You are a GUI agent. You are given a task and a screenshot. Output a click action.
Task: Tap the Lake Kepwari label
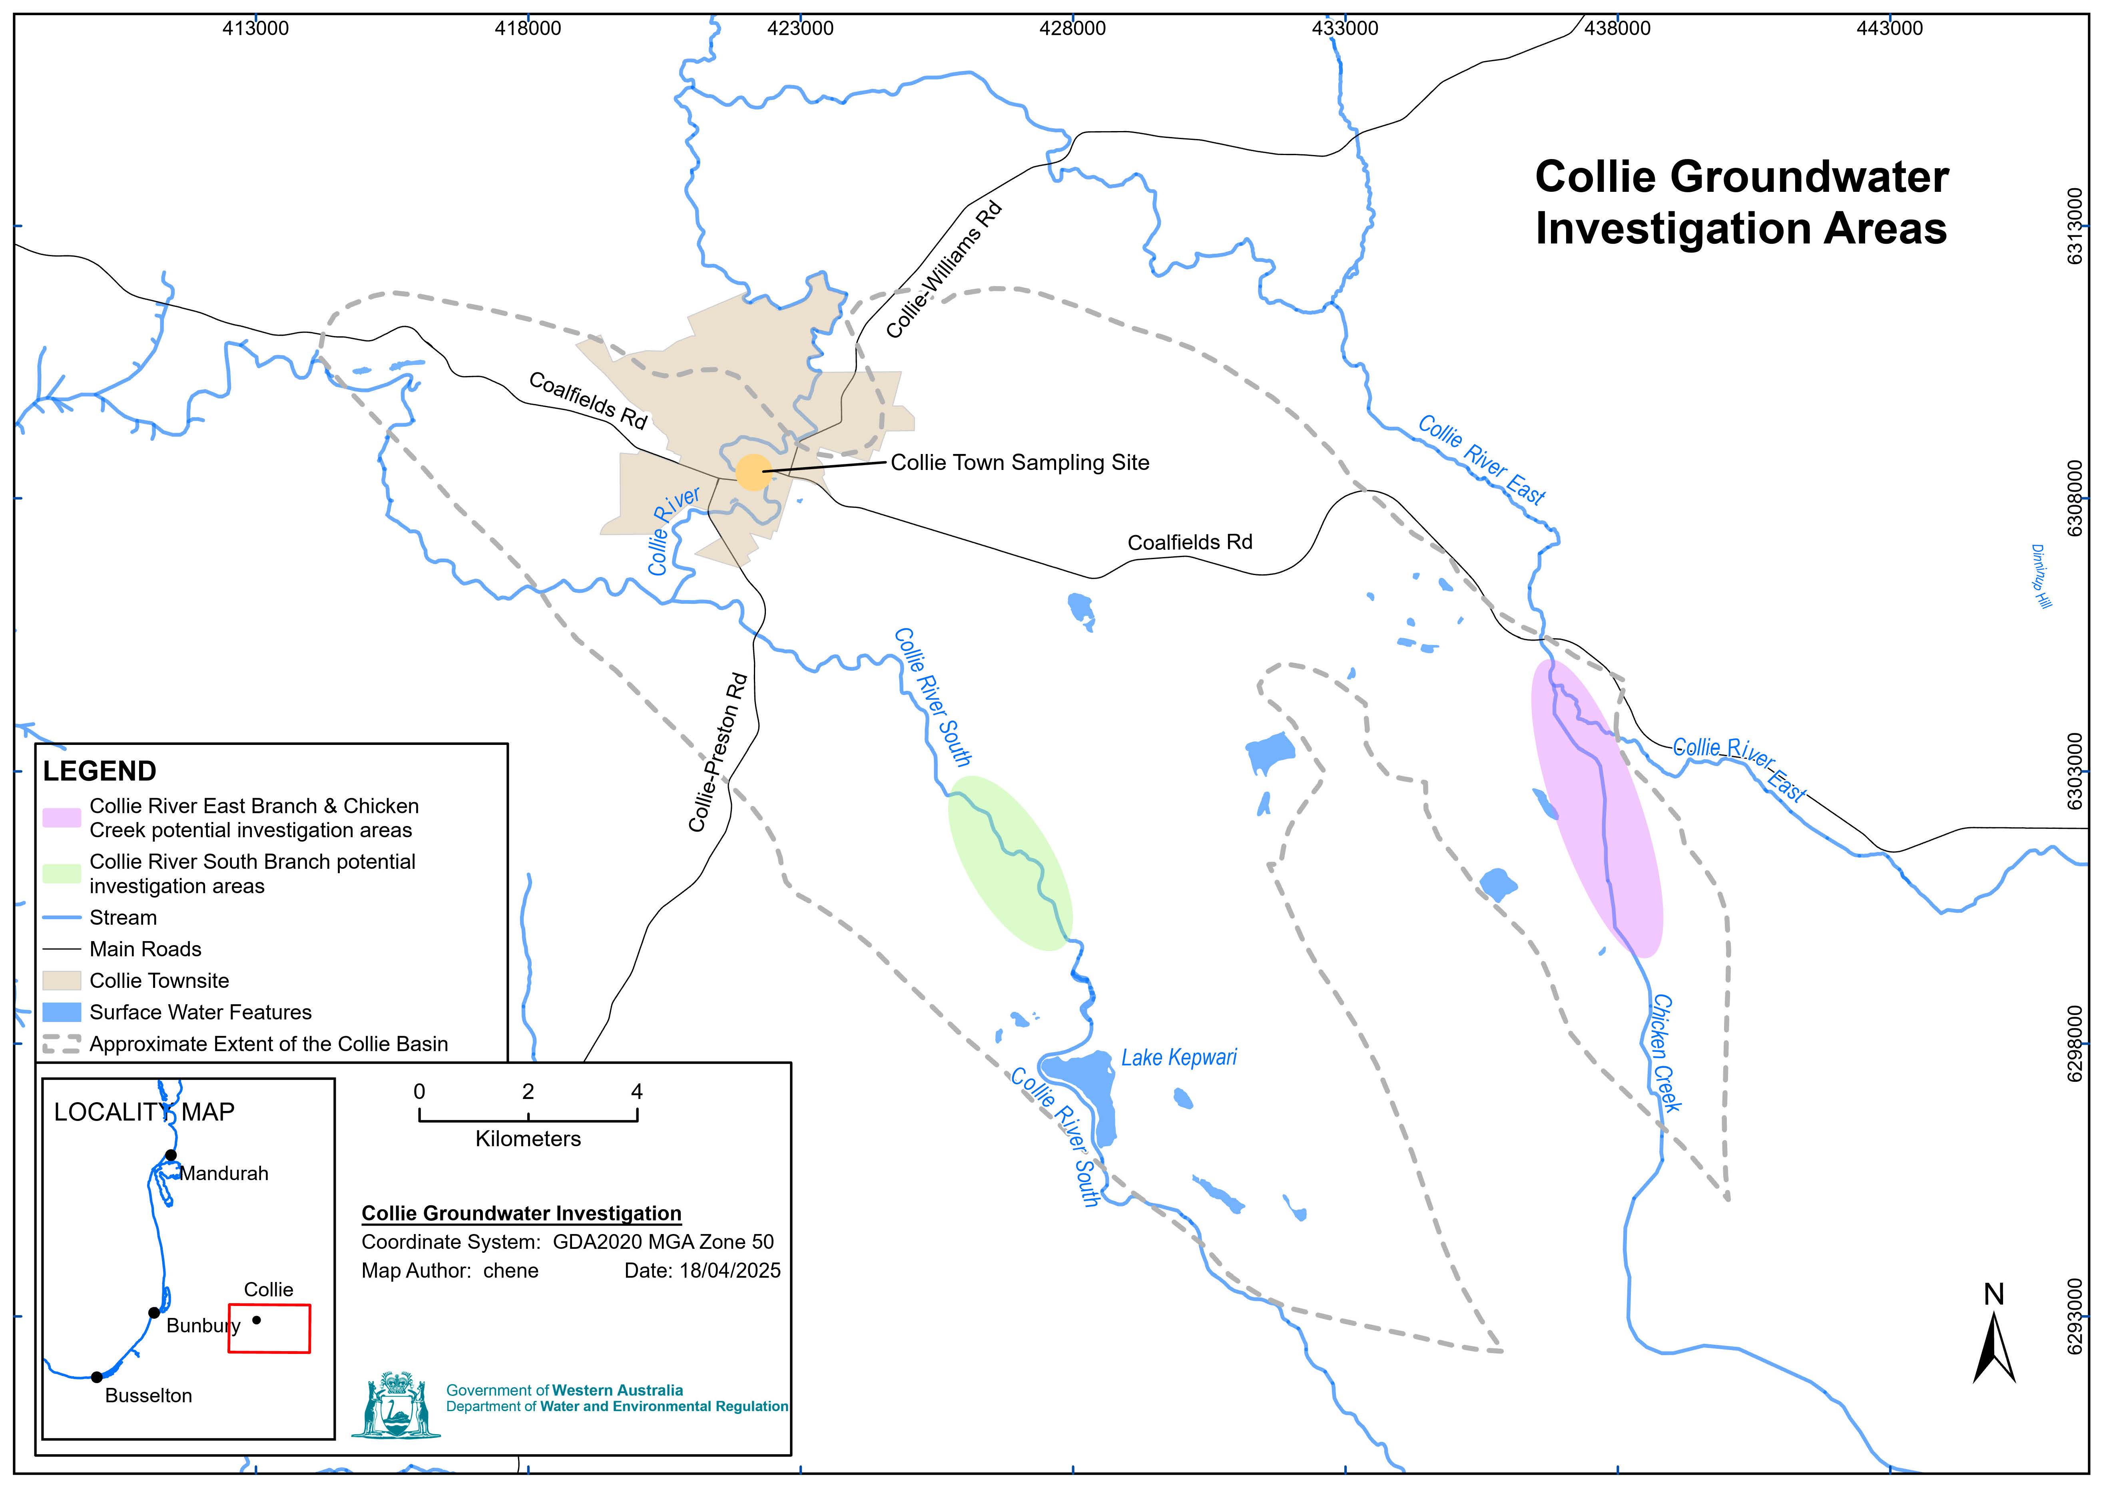tap(1179, 1057)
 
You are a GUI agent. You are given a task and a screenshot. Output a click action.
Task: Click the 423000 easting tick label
tap(801, 28)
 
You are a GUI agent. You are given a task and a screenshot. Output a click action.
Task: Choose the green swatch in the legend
tap(62, 874)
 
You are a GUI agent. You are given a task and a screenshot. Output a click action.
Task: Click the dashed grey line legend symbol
tap(62, 1044)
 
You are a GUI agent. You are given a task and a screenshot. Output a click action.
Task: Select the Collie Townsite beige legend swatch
tap(62, 981)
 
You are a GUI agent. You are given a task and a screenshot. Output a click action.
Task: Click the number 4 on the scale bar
tap(637, 1091)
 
